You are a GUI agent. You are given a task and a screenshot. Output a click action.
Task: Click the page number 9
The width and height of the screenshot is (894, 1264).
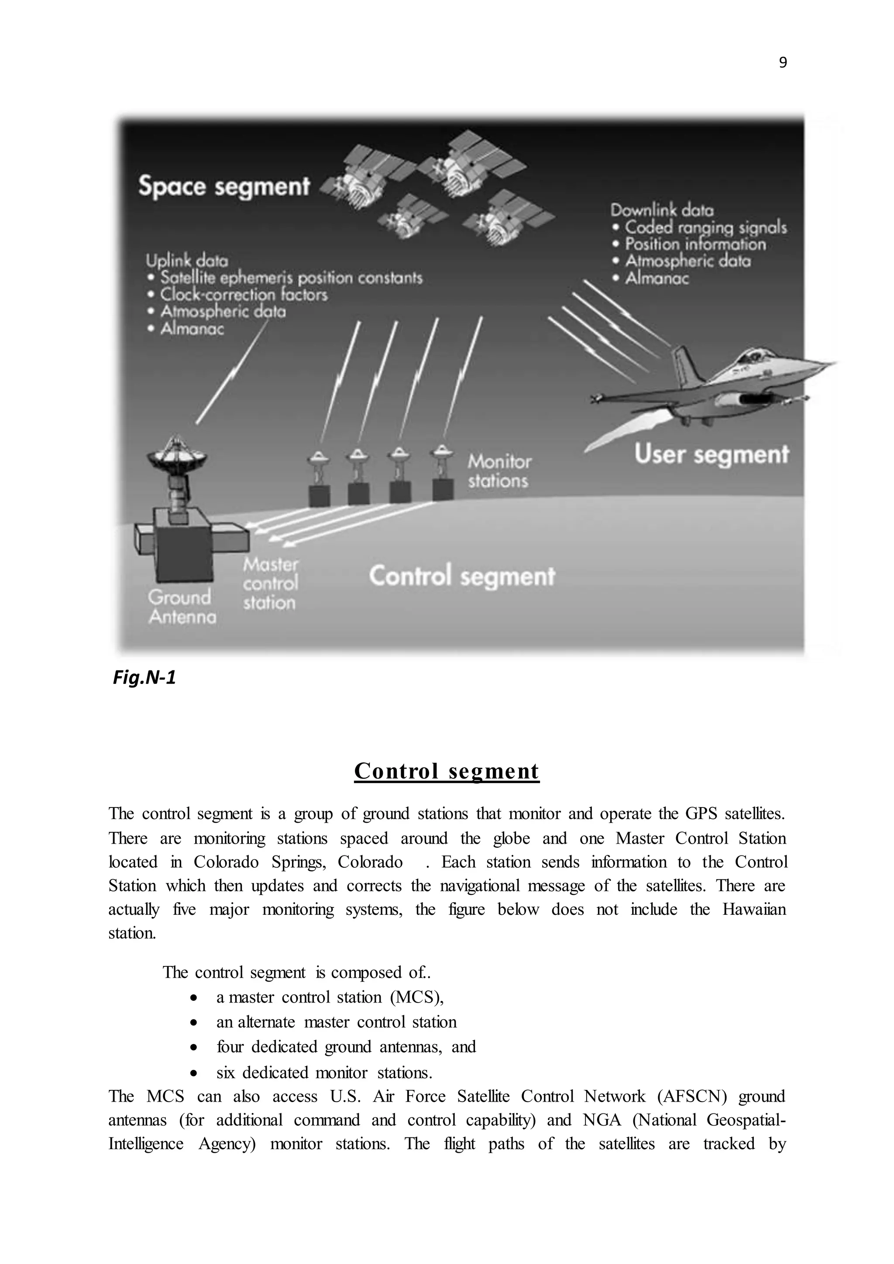(x=783, y=63)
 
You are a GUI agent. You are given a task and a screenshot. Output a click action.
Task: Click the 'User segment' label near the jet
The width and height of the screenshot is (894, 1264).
(x=711, y=455)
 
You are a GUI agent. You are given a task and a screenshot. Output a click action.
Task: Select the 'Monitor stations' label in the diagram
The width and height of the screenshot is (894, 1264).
(x=499, y=471)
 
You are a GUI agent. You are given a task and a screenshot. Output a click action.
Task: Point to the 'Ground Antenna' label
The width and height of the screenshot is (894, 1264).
(x=181, y=607)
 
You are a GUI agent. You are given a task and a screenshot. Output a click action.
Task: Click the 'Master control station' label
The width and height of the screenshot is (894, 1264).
(x=270, y=584)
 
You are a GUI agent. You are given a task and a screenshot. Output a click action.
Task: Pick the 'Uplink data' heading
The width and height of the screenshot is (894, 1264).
(x=187, y=261)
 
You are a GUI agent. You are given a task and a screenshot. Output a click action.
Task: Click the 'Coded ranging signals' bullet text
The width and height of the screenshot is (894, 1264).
(x=705, y=227)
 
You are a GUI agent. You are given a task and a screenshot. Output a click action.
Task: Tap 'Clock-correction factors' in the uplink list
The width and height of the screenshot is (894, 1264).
(x=243, y=295)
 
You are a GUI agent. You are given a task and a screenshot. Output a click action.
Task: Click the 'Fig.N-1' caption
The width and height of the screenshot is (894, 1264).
(x=144, y=678)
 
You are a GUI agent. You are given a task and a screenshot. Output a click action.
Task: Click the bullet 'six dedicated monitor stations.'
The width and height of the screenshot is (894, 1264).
(x=324, y=1072)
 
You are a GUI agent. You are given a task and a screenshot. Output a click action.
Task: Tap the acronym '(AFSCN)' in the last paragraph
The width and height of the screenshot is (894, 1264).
(x=691, y=1096)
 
